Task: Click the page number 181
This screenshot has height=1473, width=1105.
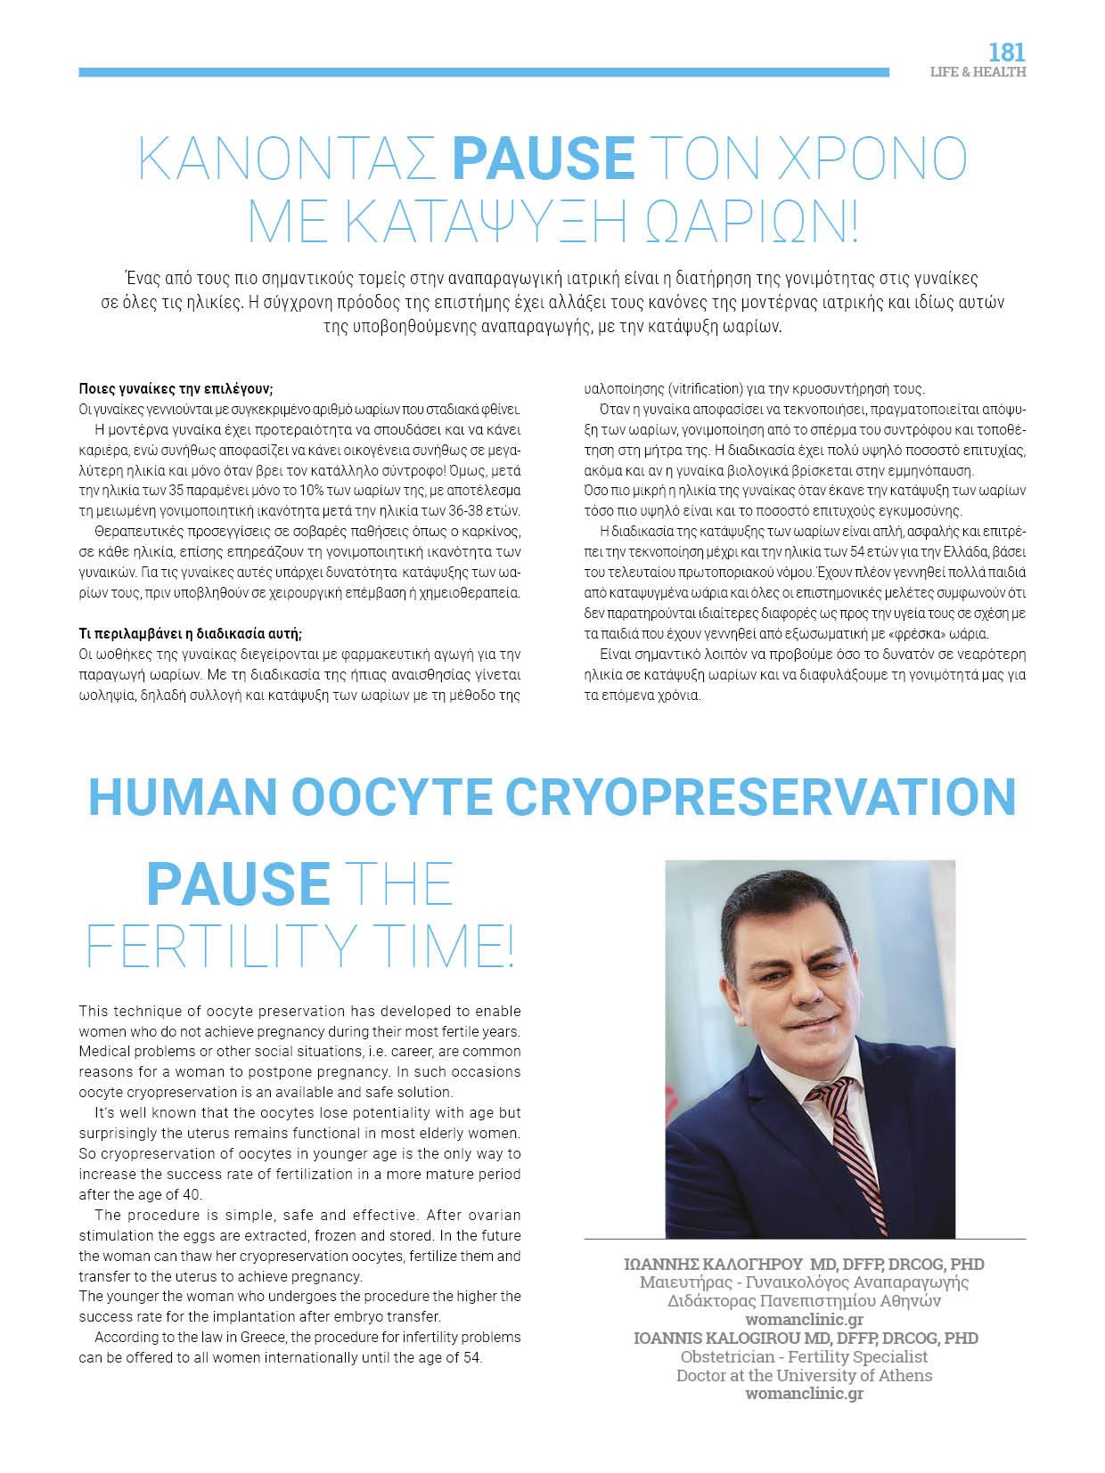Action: click(1007, 53)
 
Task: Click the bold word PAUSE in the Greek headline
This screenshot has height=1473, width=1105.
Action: click(543, 157)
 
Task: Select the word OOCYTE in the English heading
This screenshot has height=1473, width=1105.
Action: click(389, 796)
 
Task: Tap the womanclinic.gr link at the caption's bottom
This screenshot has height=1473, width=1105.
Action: click(804, 1394)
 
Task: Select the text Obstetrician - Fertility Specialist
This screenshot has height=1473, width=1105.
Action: click(804, 1356)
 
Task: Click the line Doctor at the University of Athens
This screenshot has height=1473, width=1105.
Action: click(804, 1375)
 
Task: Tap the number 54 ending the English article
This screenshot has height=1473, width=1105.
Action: click(472, 1357)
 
